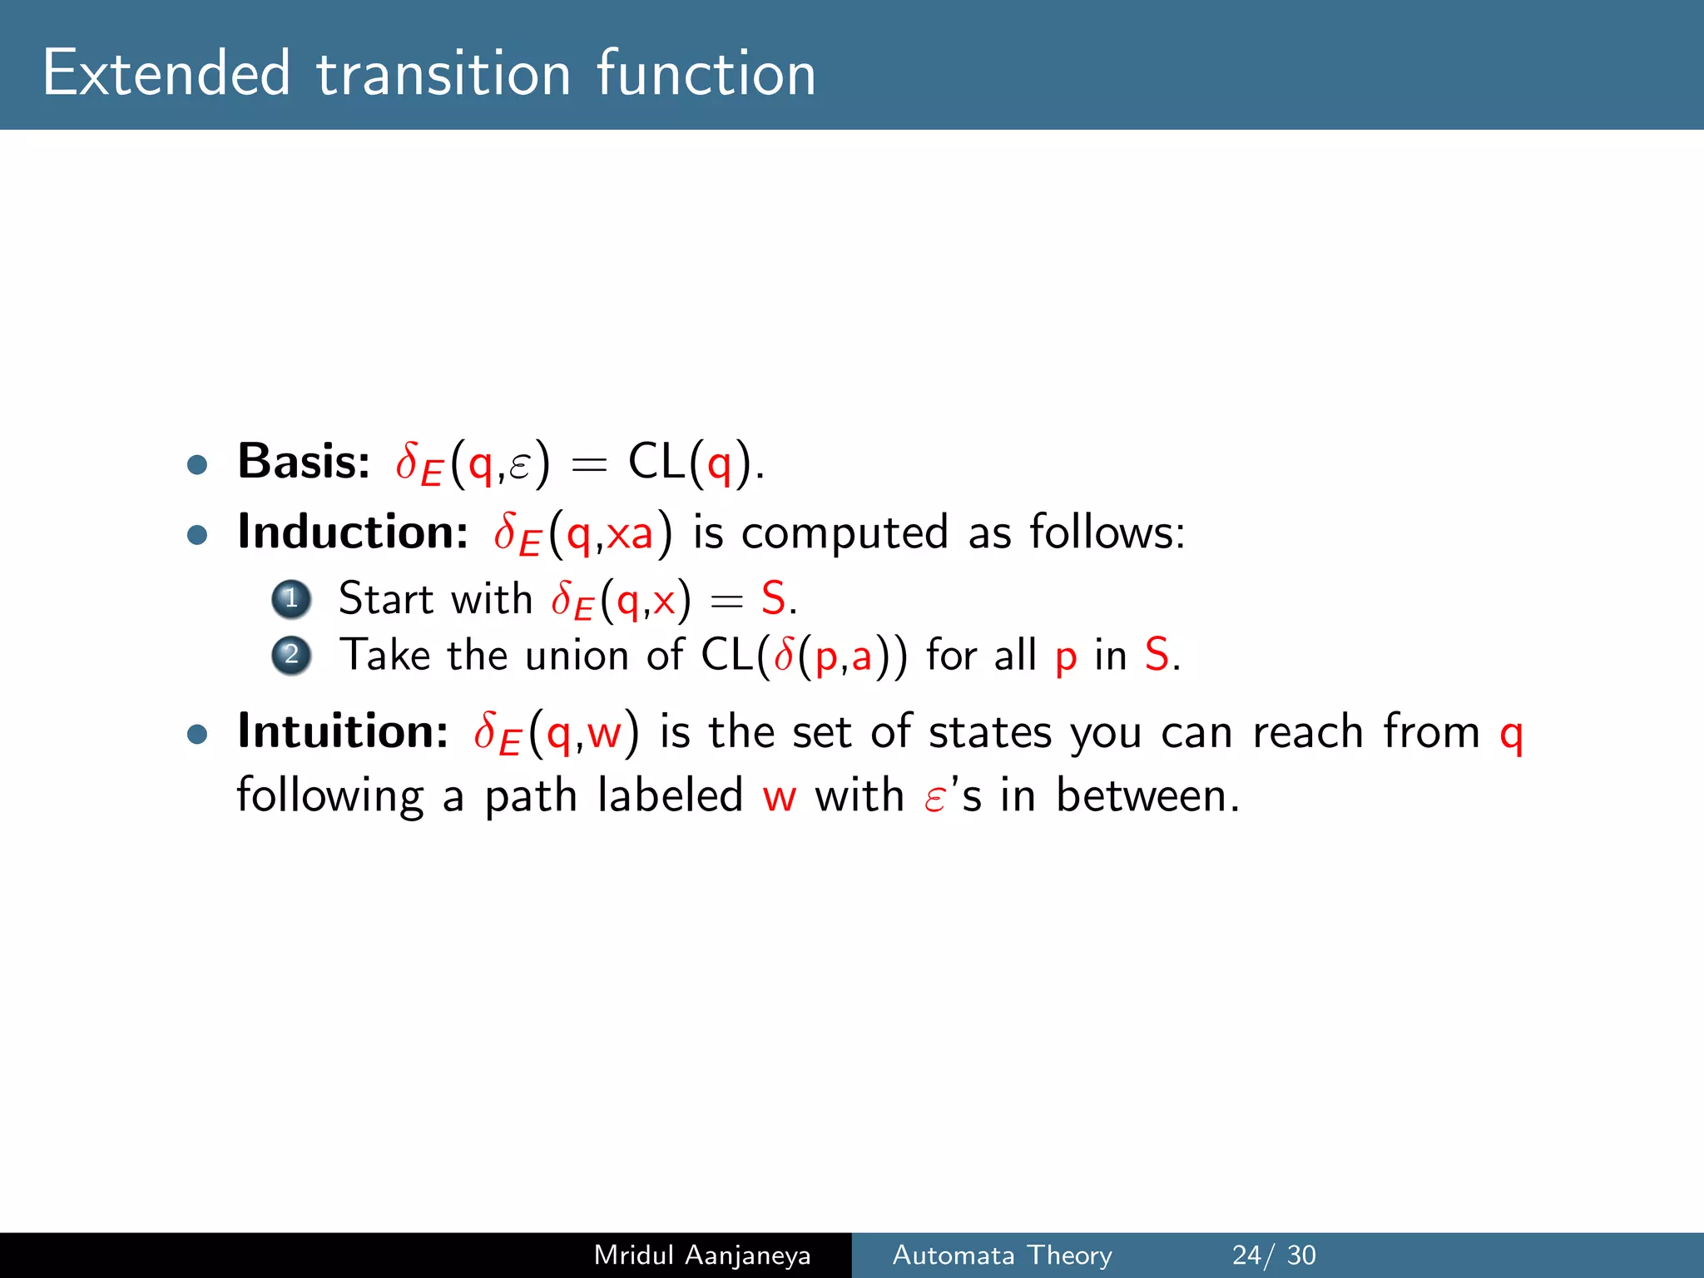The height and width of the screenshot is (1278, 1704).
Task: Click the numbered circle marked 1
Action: (x=291, y=599)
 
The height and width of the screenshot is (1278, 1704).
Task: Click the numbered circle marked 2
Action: (x=291, y=656)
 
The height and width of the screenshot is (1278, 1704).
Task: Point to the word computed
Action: (x=845, y=532)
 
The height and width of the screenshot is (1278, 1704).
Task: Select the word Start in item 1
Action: (x=387, y=599)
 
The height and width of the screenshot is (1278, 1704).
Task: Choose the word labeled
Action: (x=671, y=795)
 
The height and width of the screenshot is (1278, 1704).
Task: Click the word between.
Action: (x=1148, y=795)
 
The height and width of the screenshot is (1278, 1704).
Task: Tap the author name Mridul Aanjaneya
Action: (x=702, y=1255)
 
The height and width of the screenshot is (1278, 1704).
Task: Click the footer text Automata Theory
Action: (x=1002, y=1255)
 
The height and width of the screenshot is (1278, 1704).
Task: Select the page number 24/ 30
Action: (x=1274, y=1255)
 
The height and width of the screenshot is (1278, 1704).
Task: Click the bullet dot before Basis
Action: (x=197, y=464)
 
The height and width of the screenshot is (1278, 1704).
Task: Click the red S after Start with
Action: (x=774, y=599)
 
